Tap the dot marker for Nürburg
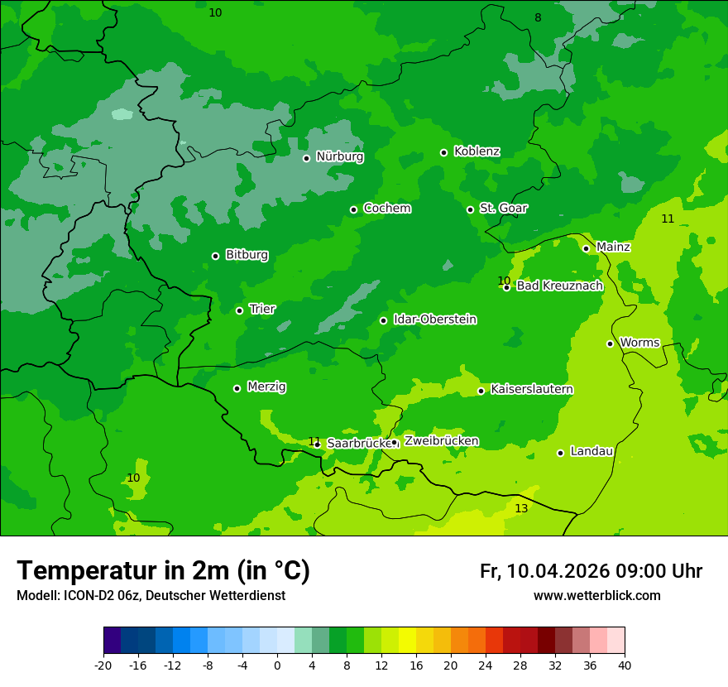coord(306,158)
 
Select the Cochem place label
coord(386,209)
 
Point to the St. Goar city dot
coord(470,209)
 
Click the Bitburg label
coord(247,255)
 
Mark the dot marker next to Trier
coord(239,310)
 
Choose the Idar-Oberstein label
coord(434,319)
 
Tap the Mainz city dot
coord(586,248)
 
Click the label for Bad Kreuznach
coord(559,286)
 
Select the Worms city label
coord(639,343)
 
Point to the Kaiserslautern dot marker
coord(481,391)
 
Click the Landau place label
coord(591,452)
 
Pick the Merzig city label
coord(267,387)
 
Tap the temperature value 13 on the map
coord(521,508)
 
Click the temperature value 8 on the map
coord(538,18)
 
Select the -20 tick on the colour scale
coord(103,665)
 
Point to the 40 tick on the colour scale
coord(625,665)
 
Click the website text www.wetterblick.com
coord(596,596)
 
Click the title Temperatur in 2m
coord(163,571)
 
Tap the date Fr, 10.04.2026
coord(544,571)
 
